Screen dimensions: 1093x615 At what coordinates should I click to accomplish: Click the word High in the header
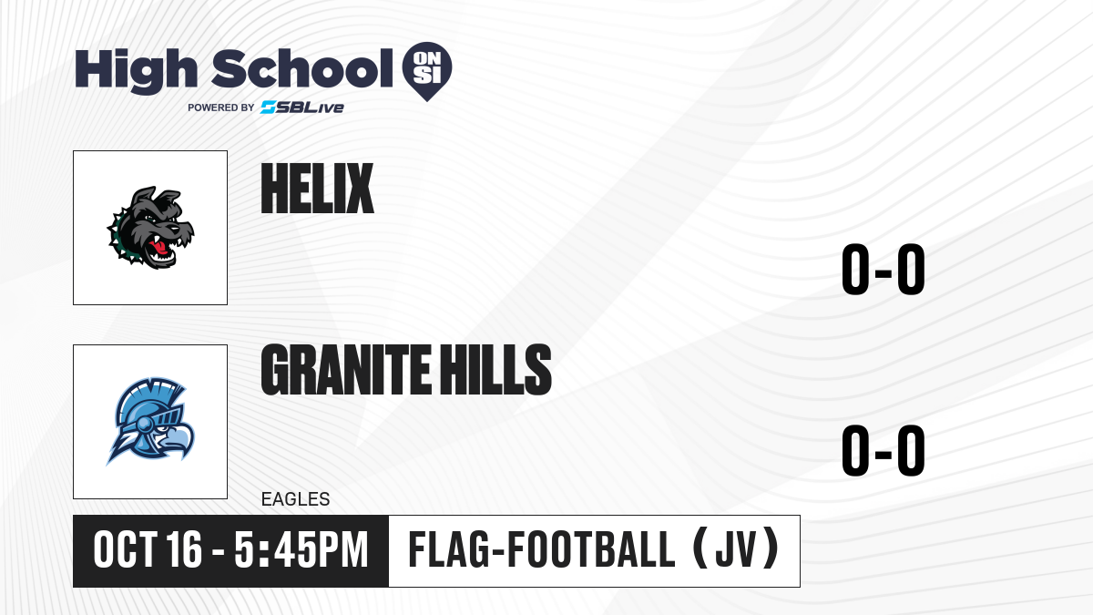(x=137, y=71)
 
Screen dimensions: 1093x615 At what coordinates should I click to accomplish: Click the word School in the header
(x=302, y=68)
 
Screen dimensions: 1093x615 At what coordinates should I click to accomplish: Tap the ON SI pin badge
(x=427, y=71)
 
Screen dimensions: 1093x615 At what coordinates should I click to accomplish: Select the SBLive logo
(x=302, y=108)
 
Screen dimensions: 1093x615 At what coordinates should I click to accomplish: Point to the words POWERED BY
(x=220, y=108)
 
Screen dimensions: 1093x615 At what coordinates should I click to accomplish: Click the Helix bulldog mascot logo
(x=150, y=228)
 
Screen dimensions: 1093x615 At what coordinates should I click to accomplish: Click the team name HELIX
(x=317, y=189)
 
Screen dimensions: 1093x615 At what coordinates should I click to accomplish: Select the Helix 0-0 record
(x=884, y=269)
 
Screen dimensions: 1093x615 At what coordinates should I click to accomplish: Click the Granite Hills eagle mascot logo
(x=150, y=421)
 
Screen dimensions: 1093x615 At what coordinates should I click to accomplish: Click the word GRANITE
(x=346, y=369)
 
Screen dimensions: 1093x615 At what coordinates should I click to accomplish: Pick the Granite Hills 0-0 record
(x=884, y=450)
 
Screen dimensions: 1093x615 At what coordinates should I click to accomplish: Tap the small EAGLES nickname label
(x=296, y=499)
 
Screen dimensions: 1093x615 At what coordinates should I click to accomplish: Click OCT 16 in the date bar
(x=148, y=549)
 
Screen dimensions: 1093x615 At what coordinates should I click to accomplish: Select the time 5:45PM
(x=301, y=549)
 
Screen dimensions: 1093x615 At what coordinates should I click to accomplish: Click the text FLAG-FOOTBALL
(x=542, y=549)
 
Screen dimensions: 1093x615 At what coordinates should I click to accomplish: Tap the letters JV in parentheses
(x=736, y=549)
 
